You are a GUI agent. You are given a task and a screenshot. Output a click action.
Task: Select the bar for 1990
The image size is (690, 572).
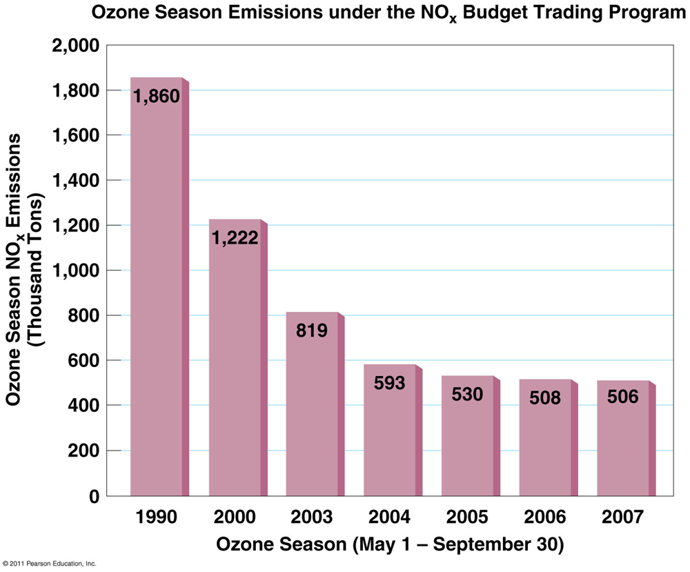coord(157,297)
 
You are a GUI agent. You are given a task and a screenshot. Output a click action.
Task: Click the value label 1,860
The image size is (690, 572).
coord(157,97)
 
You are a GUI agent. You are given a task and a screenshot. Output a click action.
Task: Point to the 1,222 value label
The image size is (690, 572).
coord(235,238)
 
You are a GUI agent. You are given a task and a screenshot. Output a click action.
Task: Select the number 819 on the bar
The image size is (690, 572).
coord(312,331)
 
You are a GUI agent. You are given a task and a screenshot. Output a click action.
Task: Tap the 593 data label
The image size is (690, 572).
coord(390,383)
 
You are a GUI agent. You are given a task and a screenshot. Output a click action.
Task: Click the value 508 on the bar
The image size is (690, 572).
coord(545,398)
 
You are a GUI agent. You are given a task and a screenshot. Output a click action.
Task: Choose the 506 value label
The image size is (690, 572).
coord(623,397)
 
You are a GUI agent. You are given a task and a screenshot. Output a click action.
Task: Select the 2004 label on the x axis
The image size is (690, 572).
coord(390,517)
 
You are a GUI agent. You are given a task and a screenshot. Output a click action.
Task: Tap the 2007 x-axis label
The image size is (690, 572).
coord(623,517)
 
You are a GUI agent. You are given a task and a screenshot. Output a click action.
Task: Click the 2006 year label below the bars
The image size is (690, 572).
coord(545,517)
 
